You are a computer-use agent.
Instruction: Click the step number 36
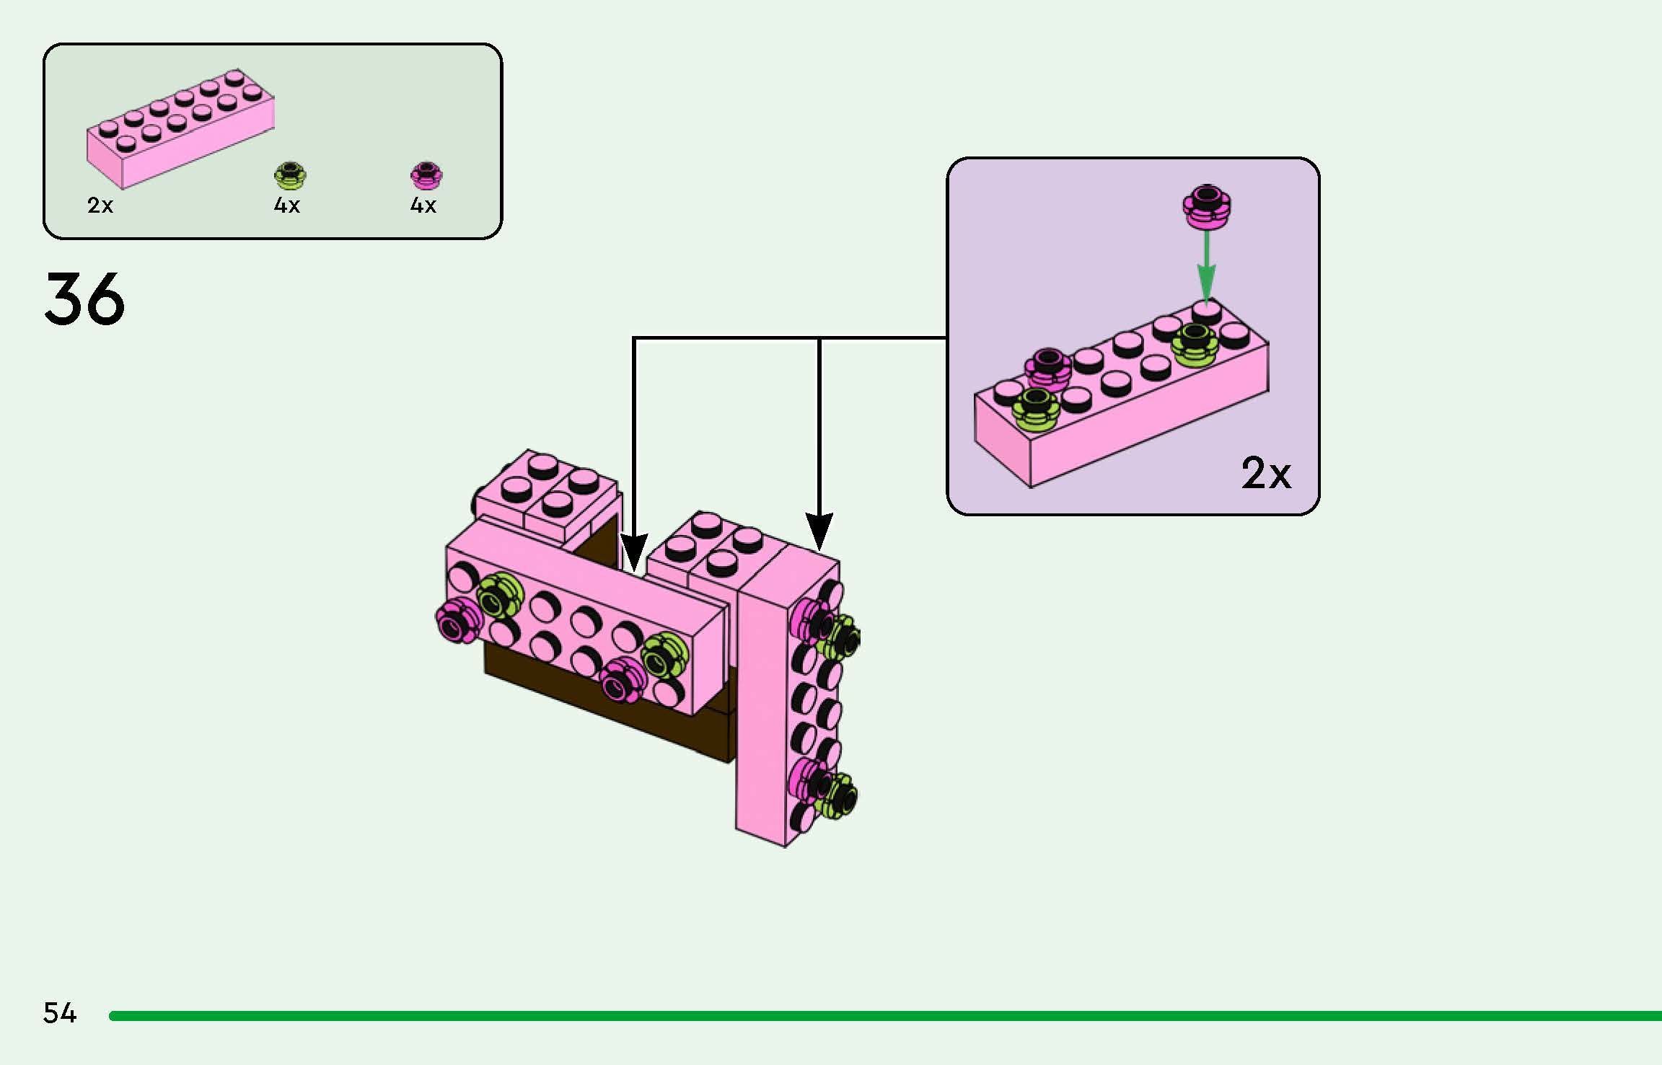[x=84, y=299]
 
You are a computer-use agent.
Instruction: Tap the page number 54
[x=60, y=1013]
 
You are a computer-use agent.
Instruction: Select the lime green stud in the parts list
[x=290, y=174]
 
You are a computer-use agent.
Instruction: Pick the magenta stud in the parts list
[x=426, y=174]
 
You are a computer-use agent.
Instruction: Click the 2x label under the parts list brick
[x=100, y=206]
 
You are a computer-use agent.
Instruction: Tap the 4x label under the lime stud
[x=286, y=206]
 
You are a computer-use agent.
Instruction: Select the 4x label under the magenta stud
[x=423, y=206]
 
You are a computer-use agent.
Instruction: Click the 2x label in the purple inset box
[x=1265, y=474]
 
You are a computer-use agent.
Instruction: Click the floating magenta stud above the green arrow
[x=1207, y=206]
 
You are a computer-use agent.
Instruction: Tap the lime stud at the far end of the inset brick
[x=1195, y=343]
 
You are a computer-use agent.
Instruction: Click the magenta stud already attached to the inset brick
[x=1050, y=368]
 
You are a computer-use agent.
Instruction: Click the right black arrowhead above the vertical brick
[x=819, y=531]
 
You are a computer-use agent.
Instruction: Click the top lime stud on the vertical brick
[x=841, y=636]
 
